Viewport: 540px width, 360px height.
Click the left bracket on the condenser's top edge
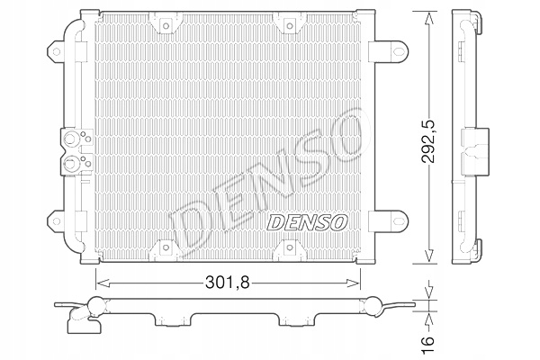tap(167, 24)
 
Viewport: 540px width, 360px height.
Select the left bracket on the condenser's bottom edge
tap(167, 248)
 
